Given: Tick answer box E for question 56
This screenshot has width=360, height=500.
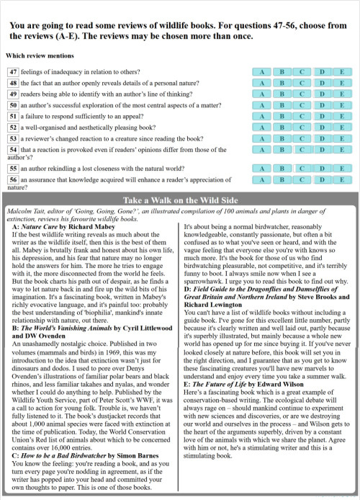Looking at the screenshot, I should point(342,179).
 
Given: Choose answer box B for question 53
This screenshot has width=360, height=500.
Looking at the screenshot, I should point(282,137).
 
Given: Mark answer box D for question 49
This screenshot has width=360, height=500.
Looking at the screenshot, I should point(323,94).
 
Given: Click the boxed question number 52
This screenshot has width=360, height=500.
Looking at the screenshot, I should point(13,126).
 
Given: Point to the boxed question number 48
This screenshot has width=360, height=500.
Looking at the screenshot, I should point(13,83).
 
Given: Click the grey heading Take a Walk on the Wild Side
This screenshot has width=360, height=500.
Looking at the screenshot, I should point(179,200).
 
